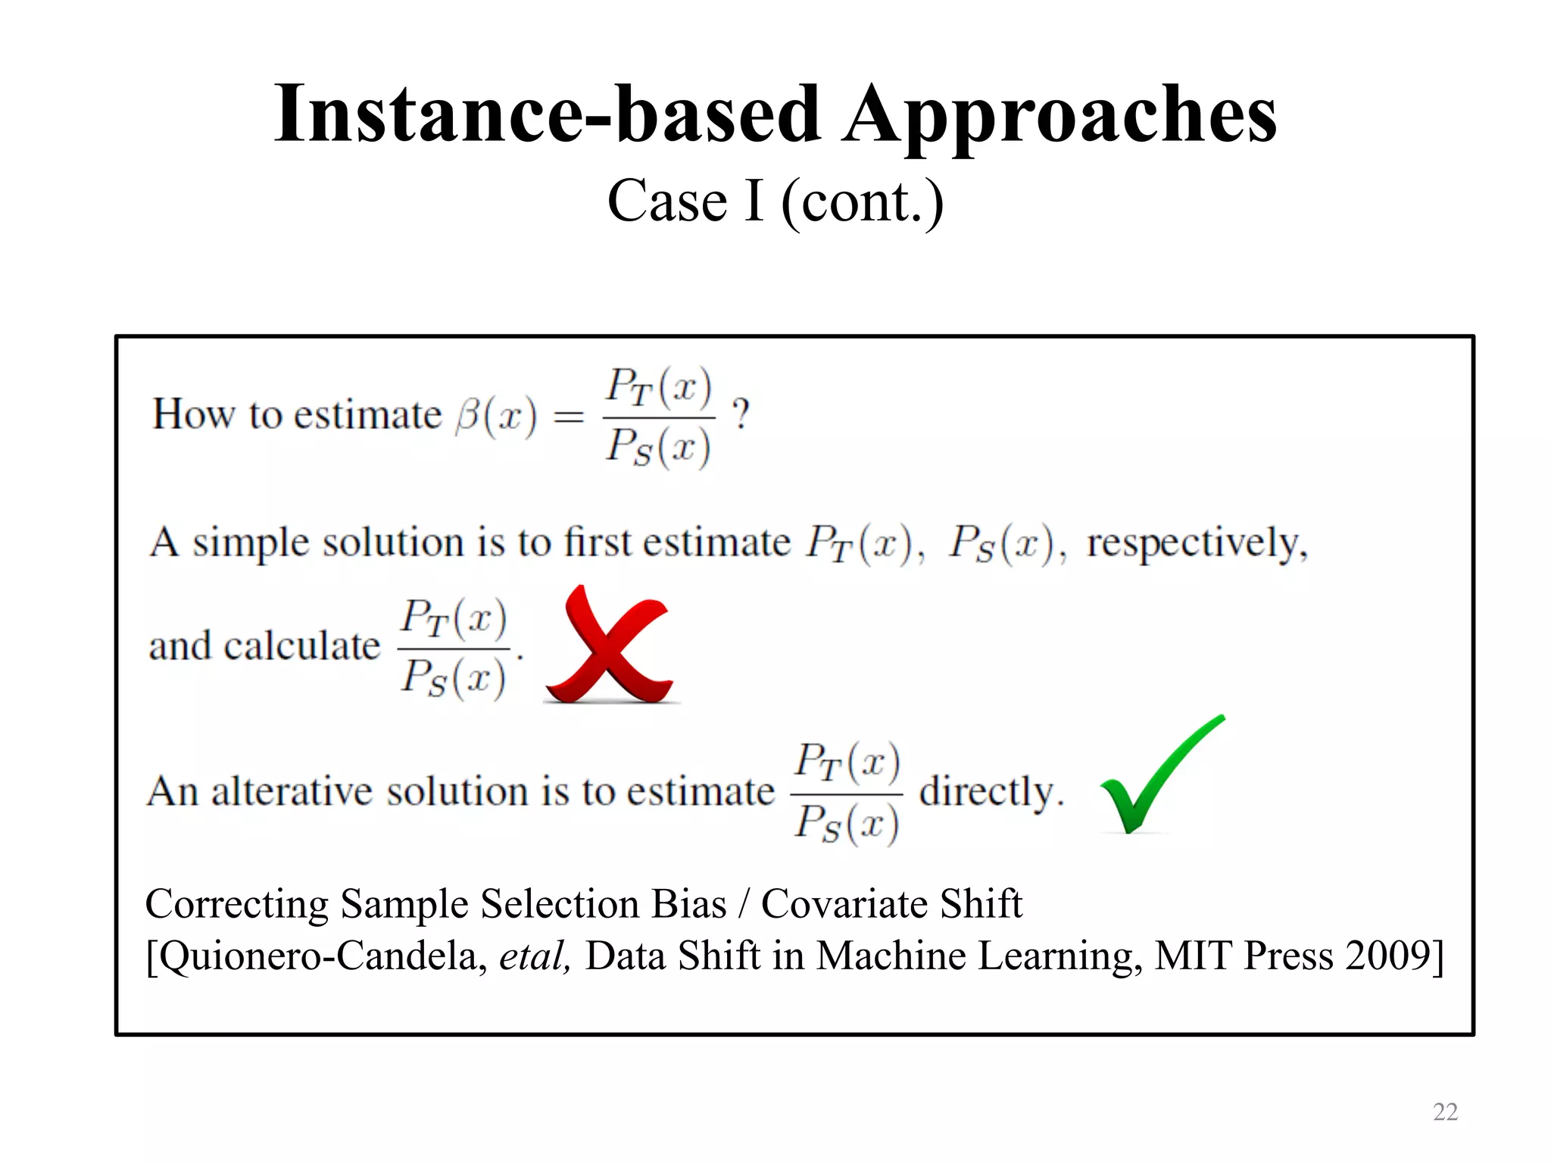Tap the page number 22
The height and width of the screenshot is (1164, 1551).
[1445, 1112]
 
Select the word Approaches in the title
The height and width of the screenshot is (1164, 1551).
[1060, 115]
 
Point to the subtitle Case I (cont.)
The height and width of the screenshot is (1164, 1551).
[775, 202]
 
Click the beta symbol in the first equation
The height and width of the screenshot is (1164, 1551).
[468, 416]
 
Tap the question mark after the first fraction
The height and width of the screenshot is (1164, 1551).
[740, 415]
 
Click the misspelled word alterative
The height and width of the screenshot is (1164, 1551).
[292, 791]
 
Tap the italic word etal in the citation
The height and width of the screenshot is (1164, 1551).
[533, 955]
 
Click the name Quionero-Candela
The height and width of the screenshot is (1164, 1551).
[318, 955]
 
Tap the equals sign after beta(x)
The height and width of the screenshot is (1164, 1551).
[569, 416]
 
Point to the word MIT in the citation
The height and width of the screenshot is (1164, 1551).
[1194, 955]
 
